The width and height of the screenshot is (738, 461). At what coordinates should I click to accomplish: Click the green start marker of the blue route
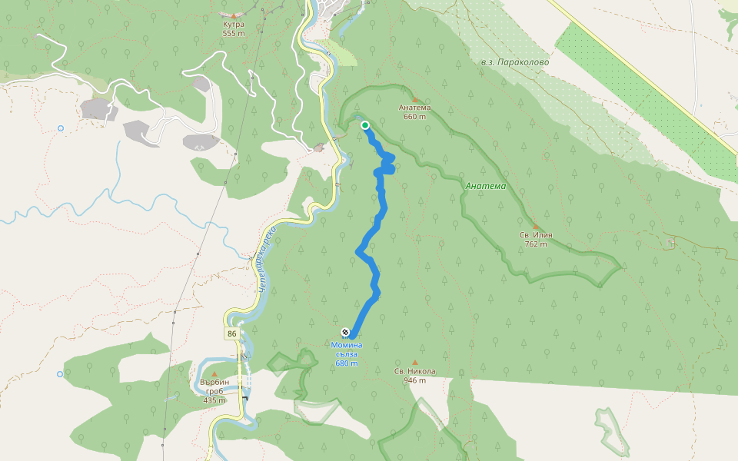365,124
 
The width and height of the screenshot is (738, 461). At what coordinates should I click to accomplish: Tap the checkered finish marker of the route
345,332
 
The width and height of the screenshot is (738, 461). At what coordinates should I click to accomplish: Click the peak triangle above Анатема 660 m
415,100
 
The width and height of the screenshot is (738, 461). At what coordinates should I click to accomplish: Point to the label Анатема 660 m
415,112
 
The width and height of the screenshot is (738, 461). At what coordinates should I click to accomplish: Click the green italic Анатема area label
486,186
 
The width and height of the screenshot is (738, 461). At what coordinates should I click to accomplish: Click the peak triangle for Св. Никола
415,363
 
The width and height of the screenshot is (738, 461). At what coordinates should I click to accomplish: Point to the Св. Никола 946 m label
415,376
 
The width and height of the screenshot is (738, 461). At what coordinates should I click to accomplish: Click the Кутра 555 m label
234,28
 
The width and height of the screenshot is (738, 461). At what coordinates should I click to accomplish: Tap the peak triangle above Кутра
234,15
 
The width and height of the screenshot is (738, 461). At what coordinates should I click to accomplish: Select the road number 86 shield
231,333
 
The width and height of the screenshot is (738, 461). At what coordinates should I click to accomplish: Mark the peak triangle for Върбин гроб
214,374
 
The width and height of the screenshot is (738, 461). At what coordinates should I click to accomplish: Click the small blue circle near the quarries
61,128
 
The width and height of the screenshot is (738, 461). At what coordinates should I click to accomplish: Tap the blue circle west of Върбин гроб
60,374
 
